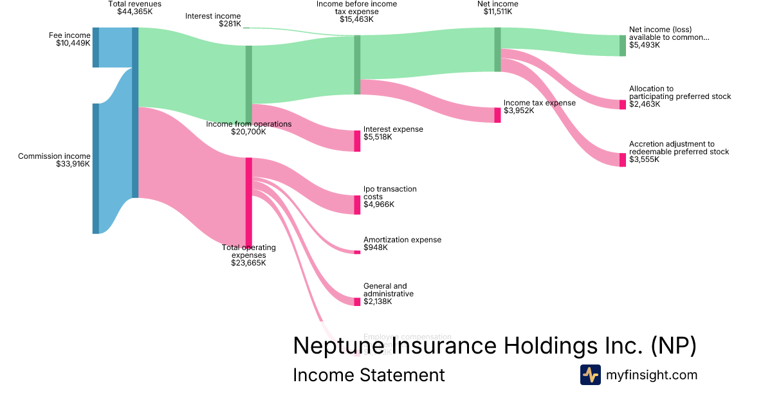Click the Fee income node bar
[95, 47]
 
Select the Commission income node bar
[95, 168]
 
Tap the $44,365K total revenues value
[135, 12]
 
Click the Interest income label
[212, 16]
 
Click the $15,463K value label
[356, 19]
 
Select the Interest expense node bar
[357, 141]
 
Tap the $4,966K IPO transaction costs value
[379, 204]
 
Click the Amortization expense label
[402, 240]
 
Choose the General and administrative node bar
[357, 301]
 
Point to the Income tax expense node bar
[497, 115]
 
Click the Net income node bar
[497, 50]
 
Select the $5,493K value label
[645, 45]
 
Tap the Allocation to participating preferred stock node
[623, 104]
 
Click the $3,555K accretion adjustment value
[645, 159]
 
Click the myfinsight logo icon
[590, 375]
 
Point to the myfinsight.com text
[652, 375]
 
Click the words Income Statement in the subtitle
[369, 375]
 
